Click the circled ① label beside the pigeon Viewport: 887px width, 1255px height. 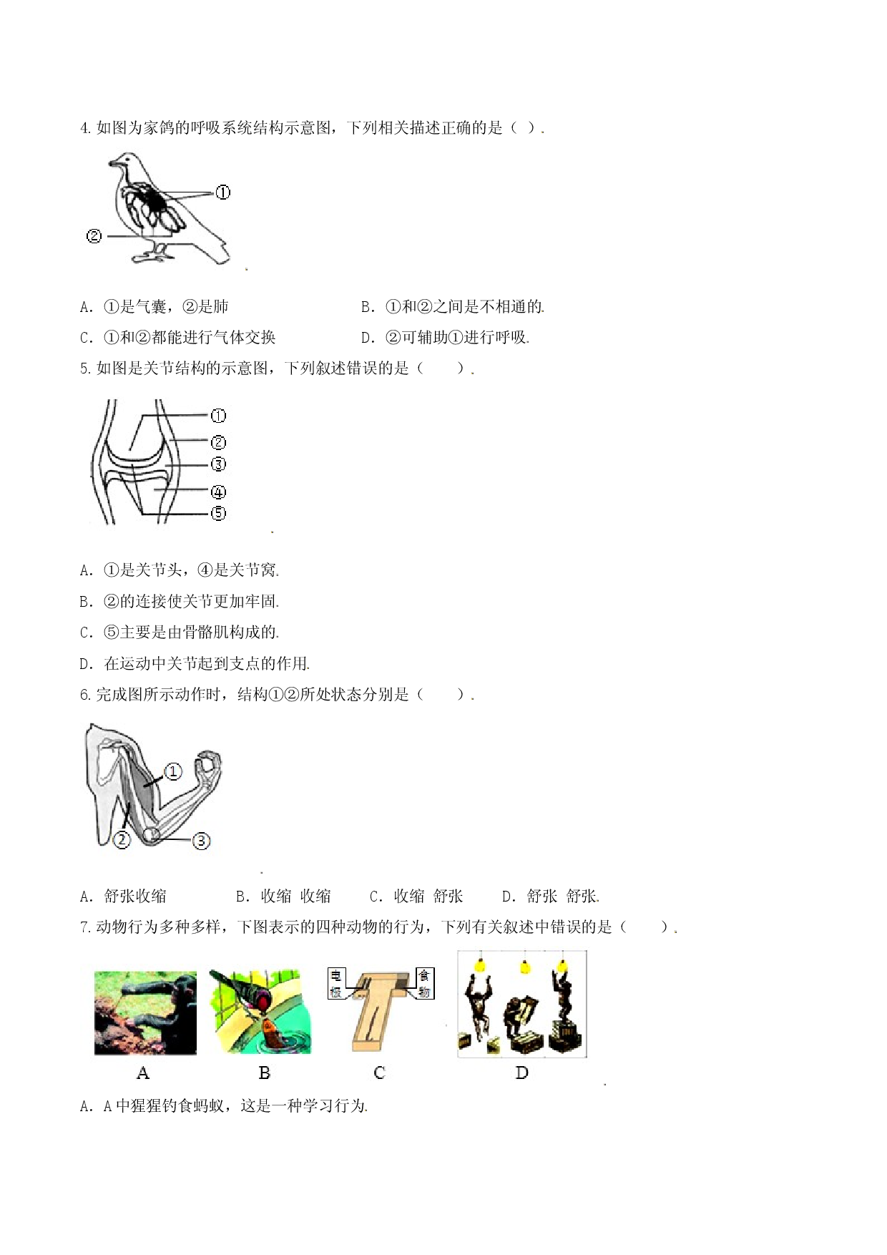click(x=222, y=192)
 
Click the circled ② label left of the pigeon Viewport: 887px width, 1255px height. click(x=94, y=236)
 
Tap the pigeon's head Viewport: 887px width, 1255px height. click(x=124, y=162)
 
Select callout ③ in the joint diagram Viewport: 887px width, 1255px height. click(x=218, y=464)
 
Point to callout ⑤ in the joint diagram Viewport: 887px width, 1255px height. click(x=218, y=513)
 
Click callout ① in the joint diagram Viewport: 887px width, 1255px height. click(x=218, y=416)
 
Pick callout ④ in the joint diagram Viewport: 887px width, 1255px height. click(x=218, y=492)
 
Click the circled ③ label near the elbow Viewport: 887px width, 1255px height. click(x=202, y=841)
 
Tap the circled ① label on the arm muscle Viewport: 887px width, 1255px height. click(x=173, y=771)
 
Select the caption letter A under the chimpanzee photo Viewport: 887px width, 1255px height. click(x=143, y=1073)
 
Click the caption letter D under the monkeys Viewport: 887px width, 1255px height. click(x=521, y=1073)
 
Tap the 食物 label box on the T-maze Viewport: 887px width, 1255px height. click(x=425, y=983)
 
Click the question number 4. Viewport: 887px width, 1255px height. click(x=85, y=128)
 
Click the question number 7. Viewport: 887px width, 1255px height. click(x=85, y=927)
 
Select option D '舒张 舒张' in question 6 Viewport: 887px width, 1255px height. click(x=550, y=896)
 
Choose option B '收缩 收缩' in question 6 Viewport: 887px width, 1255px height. click(x=283, y=896)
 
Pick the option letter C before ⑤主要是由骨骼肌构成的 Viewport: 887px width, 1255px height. click(x=86, y=633)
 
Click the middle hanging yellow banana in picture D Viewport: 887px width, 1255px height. click(x=526, y=967)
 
